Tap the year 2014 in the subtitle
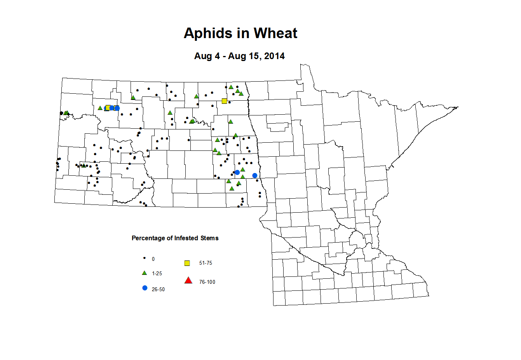(x=274, y=56)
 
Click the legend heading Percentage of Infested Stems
(x=175, y=238)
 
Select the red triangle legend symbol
(x=188, y=280)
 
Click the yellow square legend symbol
(x=187, y=263)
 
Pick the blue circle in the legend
(x=145, y=288)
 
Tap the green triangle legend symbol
(x=145, y=273)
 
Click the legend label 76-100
(x=207, y=282)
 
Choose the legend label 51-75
(x=206, y=263)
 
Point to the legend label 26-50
(x=158, y=290)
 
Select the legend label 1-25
(x=157, y=274)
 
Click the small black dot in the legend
(x=145, y=258)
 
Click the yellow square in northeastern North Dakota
(x=224, y=101)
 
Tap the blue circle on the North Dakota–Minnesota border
(x=255, y=176)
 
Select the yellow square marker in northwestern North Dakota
(x=108, y=108)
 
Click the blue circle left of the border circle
(x=237, y=172)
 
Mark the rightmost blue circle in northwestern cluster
(x=117, y=108)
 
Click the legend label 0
(x=153, y=259)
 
